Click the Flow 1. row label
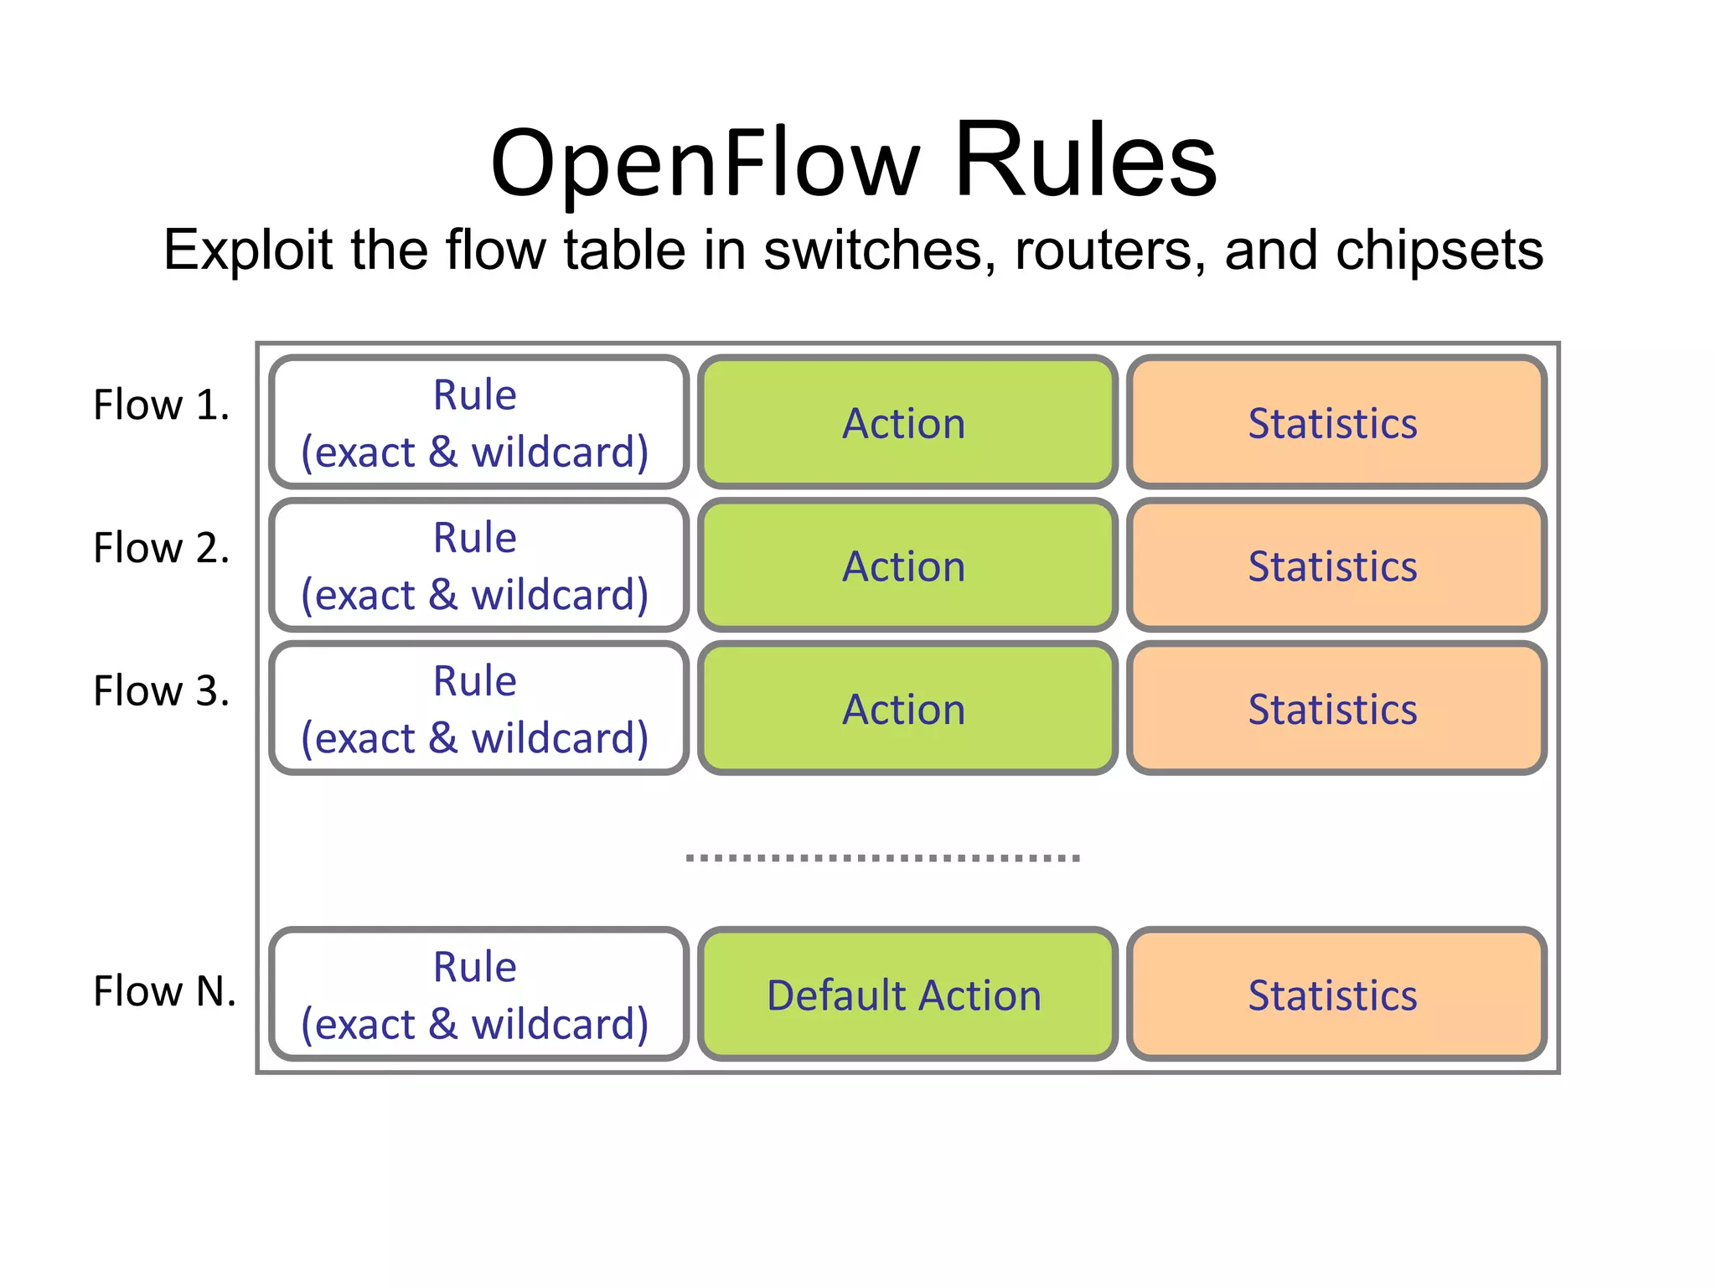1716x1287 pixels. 161,406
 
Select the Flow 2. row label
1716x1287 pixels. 161,549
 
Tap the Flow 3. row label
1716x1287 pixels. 161,692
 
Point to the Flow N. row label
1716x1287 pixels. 164,992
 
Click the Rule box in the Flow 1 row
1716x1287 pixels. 478,422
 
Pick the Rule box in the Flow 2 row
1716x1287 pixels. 478,566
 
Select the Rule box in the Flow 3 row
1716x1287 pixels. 478,709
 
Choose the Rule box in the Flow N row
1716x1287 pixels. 478,995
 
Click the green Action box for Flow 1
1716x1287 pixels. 907,422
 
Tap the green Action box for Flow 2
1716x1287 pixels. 907,566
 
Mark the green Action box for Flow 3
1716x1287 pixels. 907,709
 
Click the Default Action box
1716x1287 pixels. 907,995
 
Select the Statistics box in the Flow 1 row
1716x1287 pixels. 1336,422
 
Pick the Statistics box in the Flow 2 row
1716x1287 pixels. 1336,566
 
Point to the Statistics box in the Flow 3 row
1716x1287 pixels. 1336,709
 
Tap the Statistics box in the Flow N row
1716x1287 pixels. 1336,995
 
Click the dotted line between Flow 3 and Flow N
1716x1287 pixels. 882,858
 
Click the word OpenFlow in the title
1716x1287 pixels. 706,164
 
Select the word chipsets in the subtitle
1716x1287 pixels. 1439,251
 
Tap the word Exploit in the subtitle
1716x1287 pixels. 248,251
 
